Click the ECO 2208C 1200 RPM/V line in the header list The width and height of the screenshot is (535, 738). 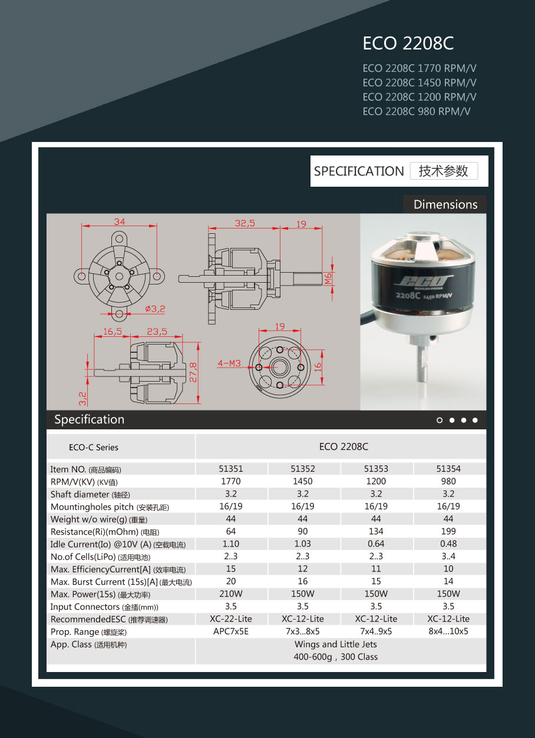[x=420, y=97]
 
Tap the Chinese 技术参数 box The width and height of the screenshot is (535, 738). [x=444, y=171]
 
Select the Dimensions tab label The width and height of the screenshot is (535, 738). [x=445, y=204]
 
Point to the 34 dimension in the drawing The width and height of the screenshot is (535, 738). [x=120, y=222]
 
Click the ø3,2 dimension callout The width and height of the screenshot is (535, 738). [x=155, y=308]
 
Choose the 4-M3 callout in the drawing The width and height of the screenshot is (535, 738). [x=229, y=363]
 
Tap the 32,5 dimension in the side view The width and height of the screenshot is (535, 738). [x=245, y=223]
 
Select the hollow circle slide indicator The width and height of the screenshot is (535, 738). [x=440, y=420]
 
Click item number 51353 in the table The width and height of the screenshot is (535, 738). [x=376, y=469]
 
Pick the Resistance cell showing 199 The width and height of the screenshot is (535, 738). [x=448, y=531]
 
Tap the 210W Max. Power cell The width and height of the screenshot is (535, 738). [x=231, y=594]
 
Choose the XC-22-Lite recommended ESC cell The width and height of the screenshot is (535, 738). [x=231, y=619]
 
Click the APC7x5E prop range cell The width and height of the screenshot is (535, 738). [x=231, y=631]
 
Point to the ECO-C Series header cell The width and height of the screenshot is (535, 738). [x=94, y=447]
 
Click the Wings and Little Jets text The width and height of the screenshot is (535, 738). [x=336, y=644]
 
